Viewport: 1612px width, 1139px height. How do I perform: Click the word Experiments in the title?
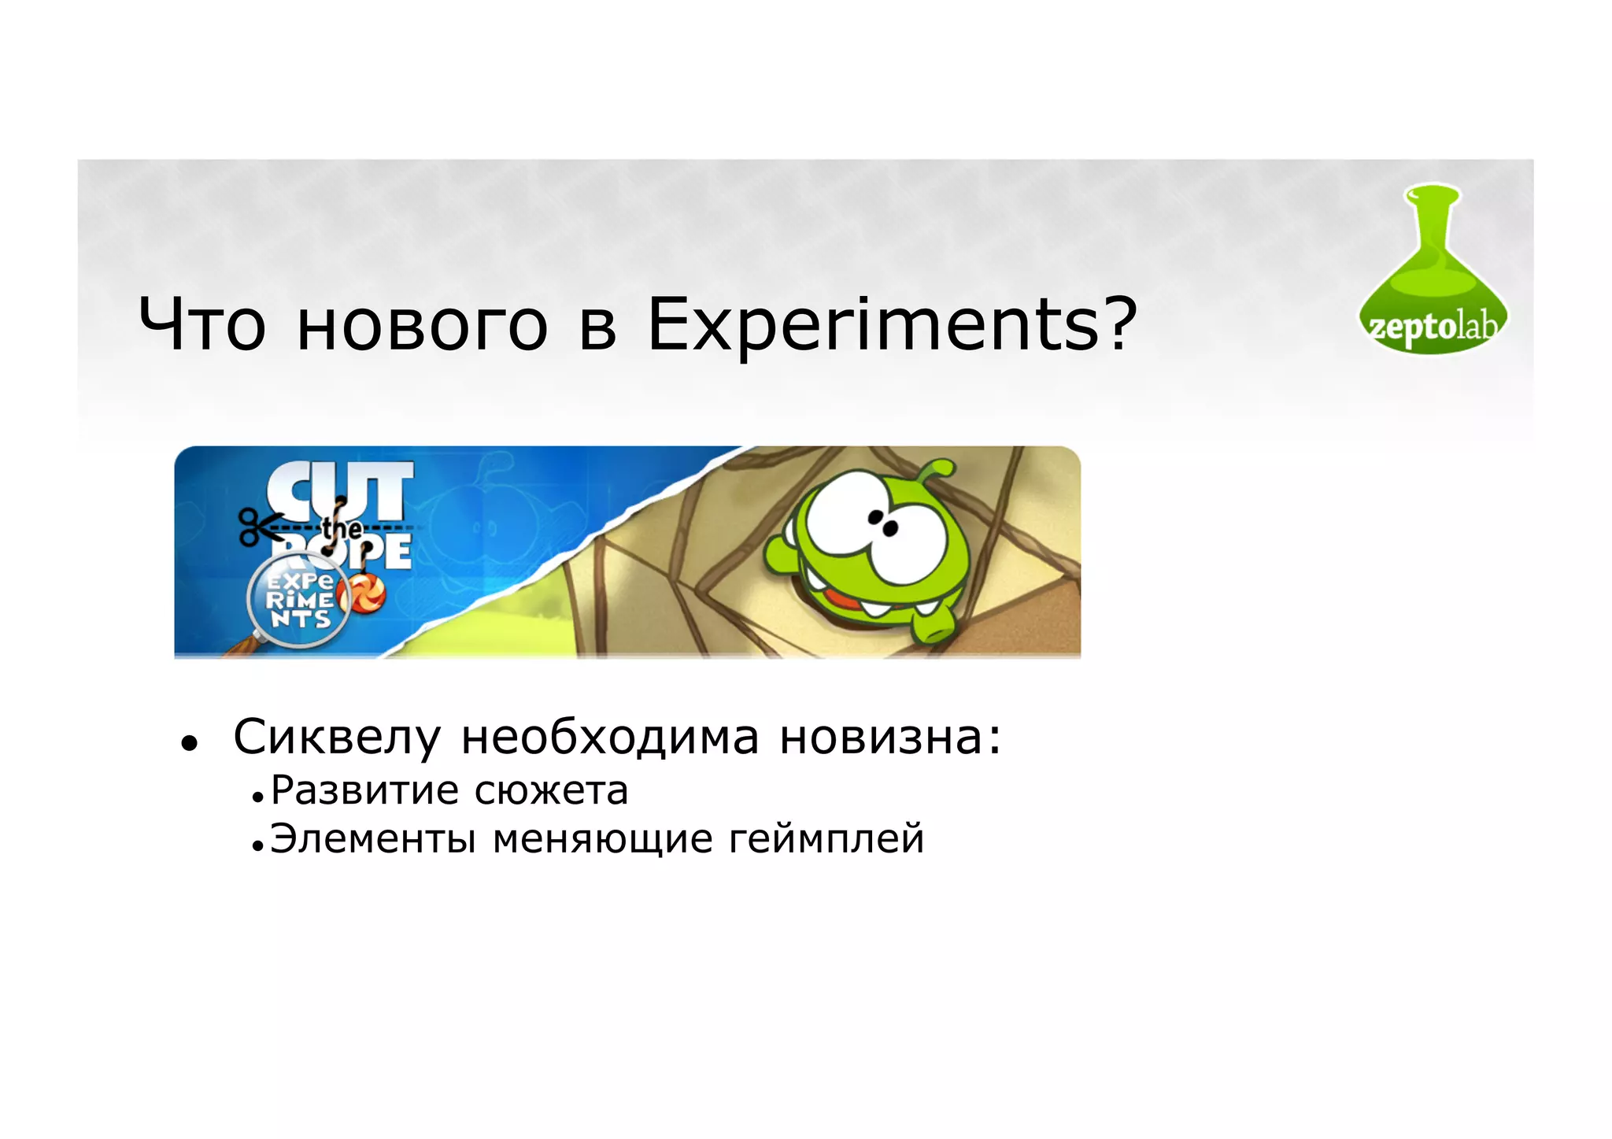click(x=871, y=325)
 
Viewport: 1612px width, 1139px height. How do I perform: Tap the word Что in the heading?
click(x=202, y=325)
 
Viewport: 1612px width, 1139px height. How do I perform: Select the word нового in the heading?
click(x=422, y=325)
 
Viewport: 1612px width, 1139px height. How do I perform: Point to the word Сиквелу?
click(x=337, y=738)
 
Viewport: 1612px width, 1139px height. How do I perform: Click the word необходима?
click(x=610, y=738)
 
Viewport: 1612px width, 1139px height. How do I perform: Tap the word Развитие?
click(x=365, y=790)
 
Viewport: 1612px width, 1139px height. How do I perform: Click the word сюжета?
click(x=551, y=790)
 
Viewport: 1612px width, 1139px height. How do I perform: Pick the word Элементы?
click(x=372, y=838)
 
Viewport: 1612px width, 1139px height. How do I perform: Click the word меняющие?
click(x=603, y=838)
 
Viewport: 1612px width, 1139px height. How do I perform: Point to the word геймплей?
click(x=826, y=838)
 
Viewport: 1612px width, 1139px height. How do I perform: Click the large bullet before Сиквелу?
click(x=188, y=742)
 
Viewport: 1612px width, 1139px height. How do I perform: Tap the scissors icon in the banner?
click(x=257, y=526)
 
